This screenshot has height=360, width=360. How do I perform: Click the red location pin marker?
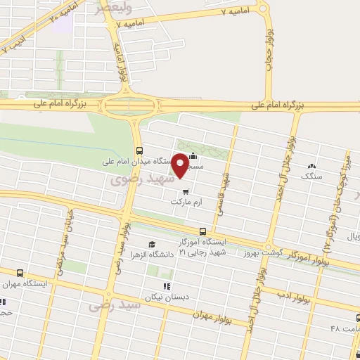(181, 165)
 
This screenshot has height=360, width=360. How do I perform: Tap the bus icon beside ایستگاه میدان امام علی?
(139, 150)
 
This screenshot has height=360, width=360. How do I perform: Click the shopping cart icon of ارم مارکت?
(185, 190)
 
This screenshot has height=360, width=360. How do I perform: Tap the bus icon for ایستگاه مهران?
(19, 273)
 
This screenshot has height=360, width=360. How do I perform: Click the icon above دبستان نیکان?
(167, 286)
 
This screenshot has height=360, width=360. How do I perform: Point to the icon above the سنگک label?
(311, 167)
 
